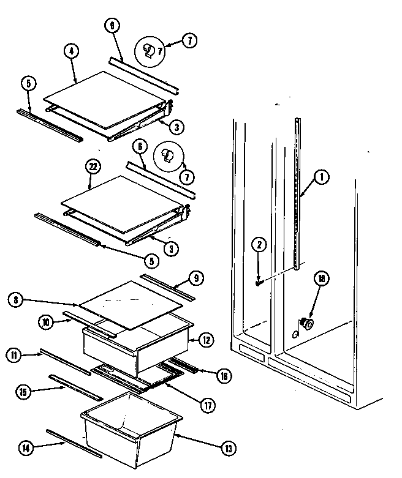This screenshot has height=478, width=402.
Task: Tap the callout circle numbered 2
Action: point(260,245)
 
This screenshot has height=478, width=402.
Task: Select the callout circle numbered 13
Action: point(229,448)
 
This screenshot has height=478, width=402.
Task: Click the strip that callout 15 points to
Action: point(72,387)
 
